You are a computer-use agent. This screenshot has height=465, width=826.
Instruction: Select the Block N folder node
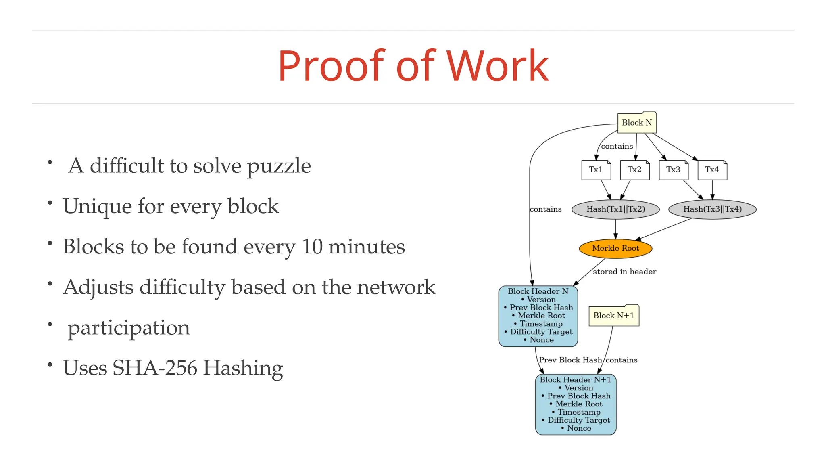click(x=637, y=123)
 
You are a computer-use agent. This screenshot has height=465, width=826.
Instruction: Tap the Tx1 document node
click(x=596, y=170)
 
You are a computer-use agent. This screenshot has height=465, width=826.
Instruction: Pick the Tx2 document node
click(x=634, y=170)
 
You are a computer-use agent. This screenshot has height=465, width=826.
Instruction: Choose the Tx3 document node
click(x=673, y=170)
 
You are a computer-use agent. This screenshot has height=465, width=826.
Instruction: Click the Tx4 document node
click(x=712, y=170)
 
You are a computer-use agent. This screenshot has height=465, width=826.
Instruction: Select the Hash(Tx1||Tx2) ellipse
click(x=615, y=209)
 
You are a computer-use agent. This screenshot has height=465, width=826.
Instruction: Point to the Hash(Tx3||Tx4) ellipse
click(x=712, y=209)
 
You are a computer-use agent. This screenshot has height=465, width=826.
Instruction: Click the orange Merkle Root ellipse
click(x=615, y=248)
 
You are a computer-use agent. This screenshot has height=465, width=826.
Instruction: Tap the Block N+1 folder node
click(x=613, y=316)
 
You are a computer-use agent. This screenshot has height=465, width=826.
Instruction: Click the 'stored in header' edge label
click(x=624, y=272)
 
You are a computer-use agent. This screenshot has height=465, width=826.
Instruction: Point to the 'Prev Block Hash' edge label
click(x=570, y=360)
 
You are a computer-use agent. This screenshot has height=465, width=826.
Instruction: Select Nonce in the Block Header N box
click(x=541, y=340)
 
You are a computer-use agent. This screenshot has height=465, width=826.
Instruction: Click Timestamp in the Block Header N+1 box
click(x=579, y=412)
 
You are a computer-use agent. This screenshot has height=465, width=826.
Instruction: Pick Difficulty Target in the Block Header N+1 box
click(x=579, y=420)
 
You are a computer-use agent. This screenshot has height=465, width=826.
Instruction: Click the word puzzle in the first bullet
click(x=279, y=166)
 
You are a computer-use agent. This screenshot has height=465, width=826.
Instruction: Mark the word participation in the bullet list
click(x=129, y=328)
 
